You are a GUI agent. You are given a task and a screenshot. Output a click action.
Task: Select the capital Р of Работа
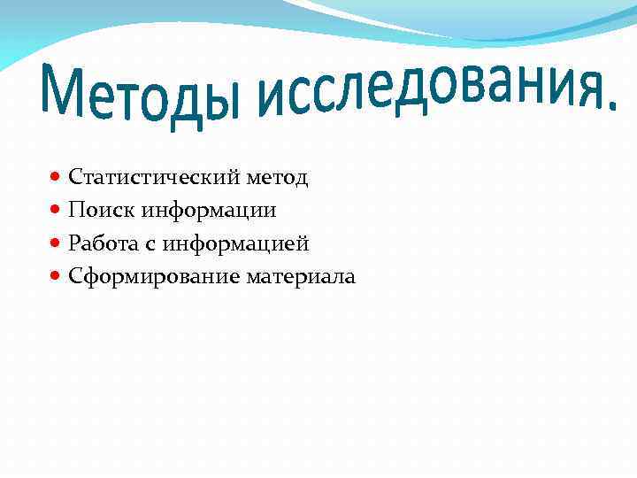pyautogui.click(x=74, y=243)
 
